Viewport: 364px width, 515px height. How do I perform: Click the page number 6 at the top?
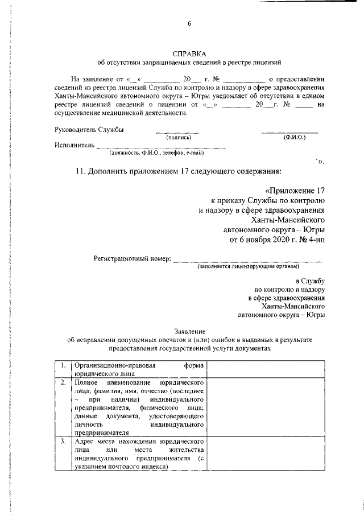189,23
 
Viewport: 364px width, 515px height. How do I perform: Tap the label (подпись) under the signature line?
179,138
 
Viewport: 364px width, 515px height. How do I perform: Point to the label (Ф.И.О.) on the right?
294,138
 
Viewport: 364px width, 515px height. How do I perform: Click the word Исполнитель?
74,145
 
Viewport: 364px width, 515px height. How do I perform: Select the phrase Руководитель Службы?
89,130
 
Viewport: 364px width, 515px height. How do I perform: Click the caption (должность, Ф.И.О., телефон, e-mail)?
156,153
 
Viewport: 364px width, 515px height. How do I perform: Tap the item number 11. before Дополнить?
82,171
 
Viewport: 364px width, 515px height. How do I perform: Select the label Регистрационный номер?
132,259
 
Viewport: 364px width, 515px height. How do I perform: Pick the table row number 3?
61,441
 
